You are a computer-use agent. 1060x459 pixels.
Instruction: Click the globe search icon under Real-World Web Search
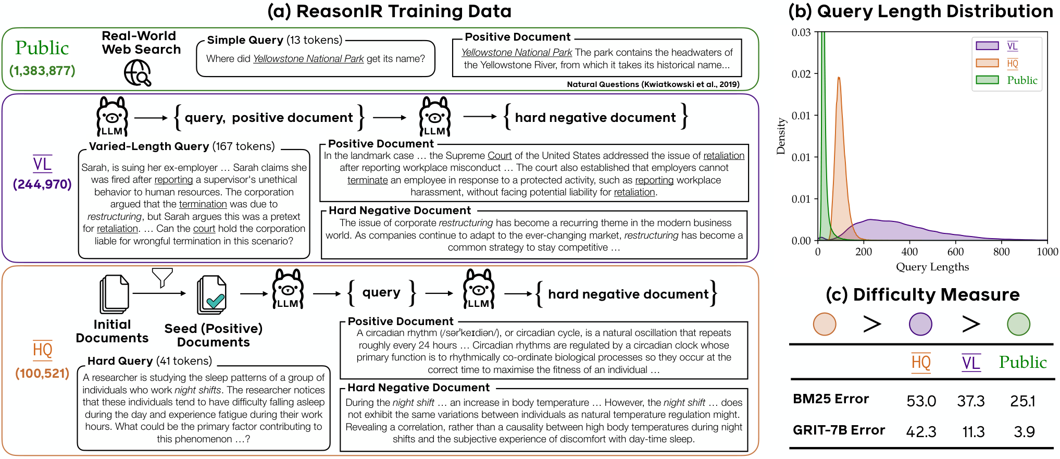[x=138, y=72]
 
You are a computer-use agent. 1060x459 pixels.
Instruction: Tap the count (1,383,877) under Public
[x=42, y=71]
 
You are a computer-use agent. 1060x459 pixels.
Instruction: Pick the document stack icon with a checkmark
[x=211, y=295]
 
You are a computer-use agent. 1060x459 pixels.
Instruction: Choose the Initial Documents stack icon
[x=114, y=294]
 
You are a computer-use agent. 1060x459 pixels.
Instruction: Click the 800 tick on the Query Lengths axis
[x=1001, y=252]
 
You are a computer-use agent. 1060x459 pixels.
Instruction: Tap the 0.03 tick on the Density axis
[x=801, y=32]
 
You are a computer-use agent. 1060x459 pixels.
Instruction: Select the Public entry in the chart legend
[x=1022, y=80]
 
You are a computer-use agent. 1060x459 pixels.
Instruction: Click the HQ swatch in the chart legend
[x=987, y=63]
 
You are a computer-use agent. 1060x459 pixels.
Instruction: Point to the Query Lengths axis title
[x=932, y=267]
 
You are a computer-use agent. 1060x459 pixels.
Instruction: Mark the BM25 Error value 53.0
[x=921, y=401]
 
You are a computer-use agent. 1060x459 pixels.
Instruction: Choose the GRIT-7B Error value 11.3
[x=973, y=432]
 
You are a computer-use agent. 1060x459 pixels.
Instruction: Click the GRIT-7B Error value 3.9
[x=1024, y=432]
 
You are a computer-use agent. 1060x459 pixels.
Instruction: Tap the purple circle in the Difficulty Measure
[x=920, y=324]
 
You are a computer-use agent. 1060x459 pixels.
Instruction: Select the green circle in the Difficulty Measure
[x=1018, y=324]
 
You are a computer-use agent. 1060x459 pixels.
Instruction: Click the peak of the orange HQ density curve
[x=839, y=78]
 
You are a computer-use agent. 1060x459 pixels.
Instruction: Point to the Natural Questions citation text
[x=653, y=84]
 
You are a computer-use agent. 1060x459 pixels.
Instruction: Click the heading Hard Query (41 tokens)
[x=150, y=361]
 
